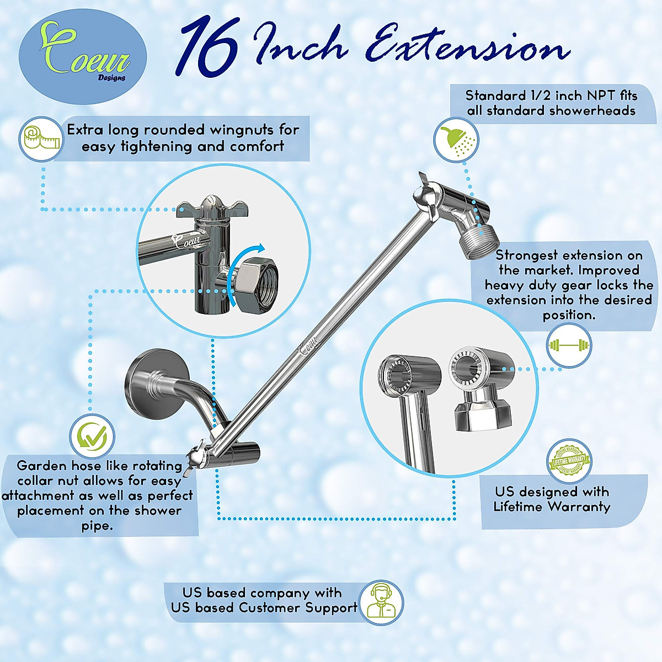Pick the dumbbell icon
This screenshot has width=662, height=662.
coord(569,346)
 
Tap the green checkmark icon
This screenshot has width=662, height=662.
coord(92,437)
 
